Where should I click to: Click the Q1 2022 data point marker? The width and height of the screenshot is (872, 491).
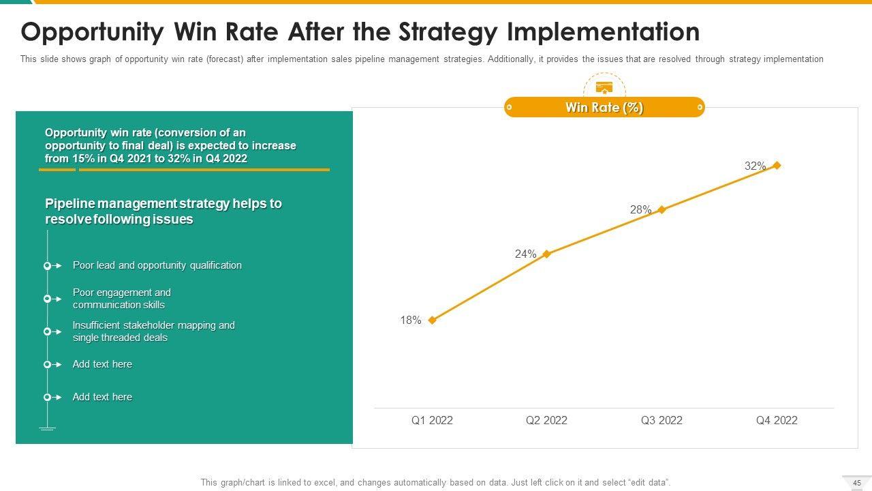tap(432, 320)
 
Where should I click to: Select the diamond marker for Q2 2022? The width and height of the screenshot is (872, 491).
tap(546, 254)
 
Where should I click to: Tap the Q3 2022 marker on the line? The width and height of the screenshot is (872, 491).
tap(661, 209)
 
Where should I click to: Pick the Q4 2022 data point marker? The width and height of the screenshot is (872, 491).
tap(777, 165)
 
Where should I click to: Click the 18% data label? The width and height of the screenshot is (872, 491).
tap(411, 321)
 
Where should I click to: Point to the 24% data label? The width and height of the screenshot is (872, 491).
tap(525, 254)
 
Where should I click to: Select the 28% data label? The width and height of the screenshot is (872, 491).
tap(640, 210)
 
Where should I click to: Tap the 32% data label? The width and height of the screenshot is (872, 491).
tap(755, 166)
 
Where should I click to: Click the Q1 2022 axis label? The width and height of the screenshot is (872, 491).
tap(432, 421)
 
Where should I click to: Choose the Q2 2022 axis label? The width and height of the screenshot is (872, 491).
tap(546, 421)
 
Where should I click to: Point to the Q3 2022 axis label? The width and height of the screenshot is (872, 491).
tap(661, 421)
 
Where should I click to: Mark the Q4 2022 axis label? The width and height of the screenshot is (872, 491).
tap(777, 421)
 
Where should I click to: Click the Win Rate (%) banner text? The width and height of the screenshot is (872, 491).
tap(604, 108)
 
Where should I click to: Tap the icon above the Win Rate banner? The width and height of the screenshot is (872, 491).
tap(604, 87)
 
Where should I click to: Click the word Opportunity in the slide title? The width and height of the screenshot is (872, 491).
tap(93, 32)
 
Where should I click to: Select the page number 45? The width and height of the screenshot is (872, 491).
tap(857, 483)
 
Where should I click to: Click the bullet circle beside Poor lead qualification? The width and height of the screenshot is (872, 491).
tap(48, 266)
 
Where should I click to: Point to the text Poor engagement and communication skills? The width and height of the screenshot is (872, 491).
tap(122, 299)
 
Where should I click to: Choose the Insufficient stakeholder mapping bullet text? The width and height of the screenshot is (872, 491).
tap(153, 331)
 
